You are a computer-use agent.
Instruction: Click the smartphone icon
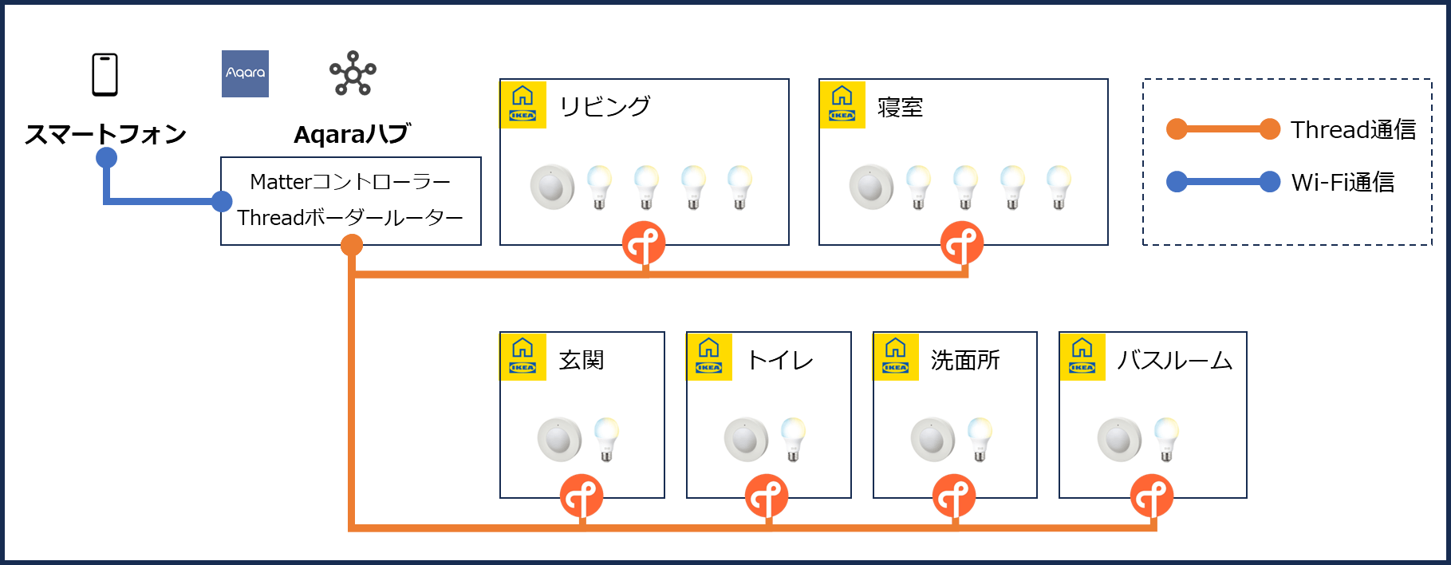104,74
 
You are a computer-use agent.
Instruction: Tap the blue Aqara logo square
245,73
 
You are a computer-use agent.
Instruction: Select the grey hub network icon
353,73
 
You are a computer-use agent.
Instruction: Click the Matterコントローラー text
350,182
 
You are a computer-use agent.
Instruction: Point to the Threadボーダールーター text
350,217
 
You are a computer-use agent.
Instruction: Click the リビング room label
605,106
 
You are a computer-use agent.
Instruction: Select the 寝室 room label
900,107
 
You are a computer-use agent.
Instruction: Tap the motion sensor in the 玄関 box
558,440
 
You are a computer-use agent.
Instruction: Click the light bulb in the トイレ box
793,439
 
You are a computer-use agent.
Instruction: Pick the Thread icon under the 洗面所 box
954,496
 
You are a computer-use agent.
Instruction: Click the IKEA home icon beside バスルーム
1082,357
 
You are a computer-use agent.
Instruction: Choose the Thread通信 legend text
1353,129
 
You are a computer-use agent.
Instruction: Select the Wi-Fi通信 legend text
1343,182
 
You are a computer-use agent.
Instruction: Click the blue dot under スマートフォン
106,157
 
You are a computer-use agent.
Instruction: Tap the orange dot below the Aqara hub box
352,246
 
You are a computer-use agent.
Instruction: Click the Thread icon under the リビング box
644,243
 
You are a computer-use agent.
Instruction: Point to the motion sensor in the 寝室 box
870,188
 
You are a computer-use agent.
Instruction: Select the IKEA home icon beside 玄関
523,357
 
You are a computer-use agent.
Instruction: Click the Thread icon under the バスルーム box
1151,496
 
